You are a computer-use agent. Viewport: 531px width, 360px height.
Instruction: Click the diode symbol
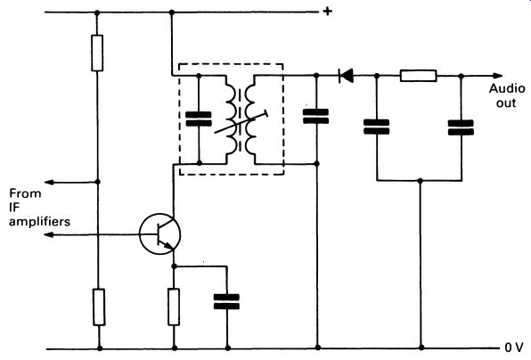[346, 76]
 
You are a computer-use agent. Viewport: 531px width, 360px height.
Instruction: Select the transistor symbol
[159, 233]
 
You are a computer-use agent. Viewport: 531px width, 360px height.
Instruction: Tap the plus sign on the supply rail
[327, 12]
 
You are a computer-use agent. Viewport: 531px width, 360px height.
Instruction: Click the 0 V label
[514, 348]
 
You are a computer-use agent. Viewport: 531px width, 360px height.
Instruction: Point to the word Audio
[507, 88]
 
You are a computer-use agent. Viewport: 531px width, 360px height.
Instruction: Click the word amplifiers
[39, 222]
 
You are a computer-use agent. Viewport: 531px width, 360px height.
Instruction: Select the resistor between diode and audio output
[418, 76]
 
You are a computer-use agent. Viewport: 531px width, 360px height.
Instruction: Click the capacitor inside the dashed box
[199, 119]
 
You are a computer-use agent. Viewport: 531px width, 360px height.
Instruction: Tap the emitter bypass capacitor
[226, 302]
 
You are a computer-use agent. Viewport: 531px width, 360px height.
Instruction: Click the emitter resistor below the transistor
[174, 307]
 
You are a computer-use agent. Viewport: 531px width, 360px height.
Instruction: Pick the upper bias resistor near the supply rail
[97, 53]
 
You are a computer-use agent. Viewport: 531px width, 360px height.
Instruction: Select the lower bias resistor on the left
[99, 307]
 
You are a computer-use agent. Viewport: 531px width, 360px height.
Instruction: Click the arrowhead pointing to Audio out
[497, 76]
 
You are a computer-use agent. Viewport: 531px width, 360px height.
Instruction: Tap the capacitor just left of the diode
[315, 116]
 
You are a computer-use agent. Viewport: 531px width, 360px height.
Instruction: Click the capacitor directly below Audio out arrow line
[461, 127]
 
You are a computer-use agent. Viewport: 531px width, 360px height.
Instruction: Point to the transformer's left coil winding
[230, 119]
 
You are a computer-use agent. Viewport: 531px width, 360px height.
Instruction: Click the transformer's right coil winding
[251, 119]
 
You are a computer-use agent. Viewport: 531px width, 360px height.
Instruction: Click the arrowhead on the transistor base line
[49, 234]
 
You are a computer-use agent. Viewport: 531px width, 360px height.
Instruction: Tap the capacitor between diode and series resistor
[376, 127]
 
